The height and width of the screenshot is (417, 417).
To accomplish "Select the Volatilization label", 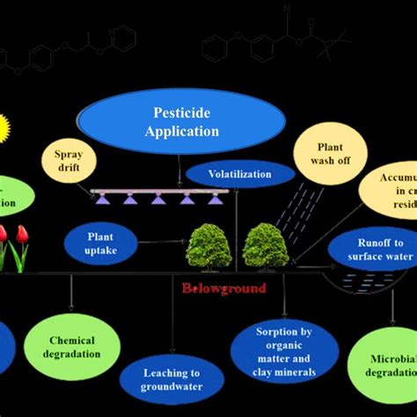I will (x=239, y=174).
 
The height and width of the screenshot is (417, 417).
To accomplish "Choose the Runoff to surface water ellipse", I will (x=371, y=250).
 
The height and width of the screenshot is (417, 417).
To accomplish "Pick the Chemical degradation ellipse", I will (x=72, y=347).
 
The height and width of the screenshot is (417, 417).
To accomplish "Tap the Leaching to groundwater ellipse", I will (x=172, y=379).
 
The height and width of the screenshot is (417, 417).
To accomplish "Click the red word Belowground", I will (x=223, y=288).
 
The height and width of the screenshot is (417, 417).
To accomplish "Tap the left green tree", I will (x=208, y=246).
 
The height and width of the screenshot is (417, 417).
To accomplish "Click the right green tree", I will (x=266, y=245).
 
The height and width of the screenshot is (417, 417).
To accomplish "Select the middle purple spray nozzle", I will (x=158, y=199).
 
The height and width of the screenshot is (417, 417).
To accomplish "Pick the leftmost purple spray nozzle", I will (x=104, y=199).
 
